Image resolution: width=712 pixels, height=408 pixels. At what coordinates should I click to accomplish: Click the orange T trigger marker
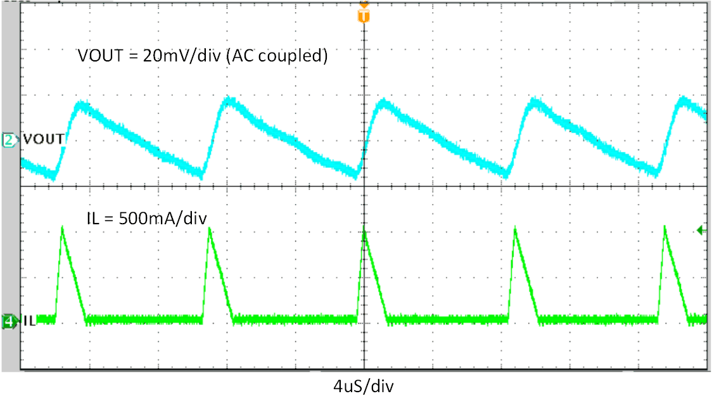(x=363, y=16)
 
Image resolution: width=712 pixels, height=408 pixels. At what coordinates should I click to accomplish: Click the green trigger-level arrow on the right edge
(x=701, y=230)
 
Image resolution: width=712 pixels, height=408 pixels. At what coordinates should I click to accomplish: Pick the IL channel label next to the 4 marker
(x=28, y=321)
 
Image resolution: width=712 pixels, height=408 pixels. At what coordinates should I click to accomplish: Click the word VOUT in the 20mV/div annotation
(x=99, y=56)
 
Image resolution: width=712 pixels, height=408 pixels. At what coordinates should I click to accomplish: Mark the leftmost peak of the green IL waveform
(x=62, y=227)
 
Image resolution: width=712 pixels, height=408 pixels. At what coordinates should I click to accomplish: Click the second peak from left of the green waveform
(x=209, y=229)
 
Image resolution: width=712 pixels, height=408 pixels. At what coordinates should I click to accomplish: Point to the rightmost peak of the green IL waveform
(x=664, y=227)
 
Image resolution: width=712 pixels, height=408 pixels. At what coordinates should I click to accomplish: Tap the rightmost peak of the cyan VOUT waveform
(x=683, y=101)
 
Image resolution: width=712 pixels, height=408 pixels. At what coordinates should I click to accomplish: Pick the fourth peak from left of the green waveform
(x=515, y=229)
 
